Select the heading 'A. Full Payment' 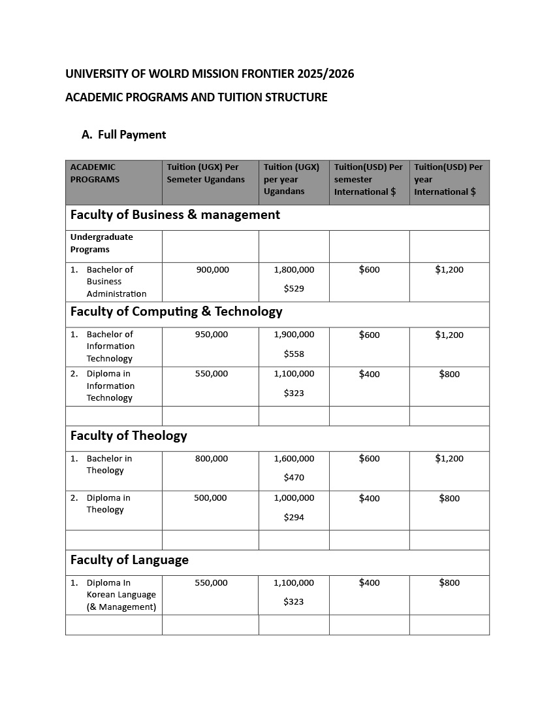[124, 135]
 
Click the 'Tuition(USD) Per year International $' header [448, 179]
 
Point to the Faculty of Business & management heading [175, 214]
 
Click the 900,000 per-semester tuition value [212, 269]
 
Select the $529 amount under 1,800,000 [294, 288]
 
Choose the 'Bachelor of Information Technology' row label [110, 346]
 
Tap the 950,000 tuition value [212, 334]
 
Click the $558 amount [294, 354]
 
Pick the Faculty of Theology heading [129, 435]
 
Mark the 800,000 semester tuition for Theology [212, 458]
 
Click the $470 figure [294, 478]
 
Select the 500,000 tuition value [210, 497]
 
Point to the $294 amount [294, 517]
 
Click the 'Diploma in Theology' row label [108, 503]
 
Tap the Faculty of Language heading [129, 560]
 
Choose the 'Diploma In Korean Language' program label [121, 595]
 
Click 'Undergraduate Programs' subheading [101, 243]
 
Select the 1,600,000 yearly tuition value [294, 458]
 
